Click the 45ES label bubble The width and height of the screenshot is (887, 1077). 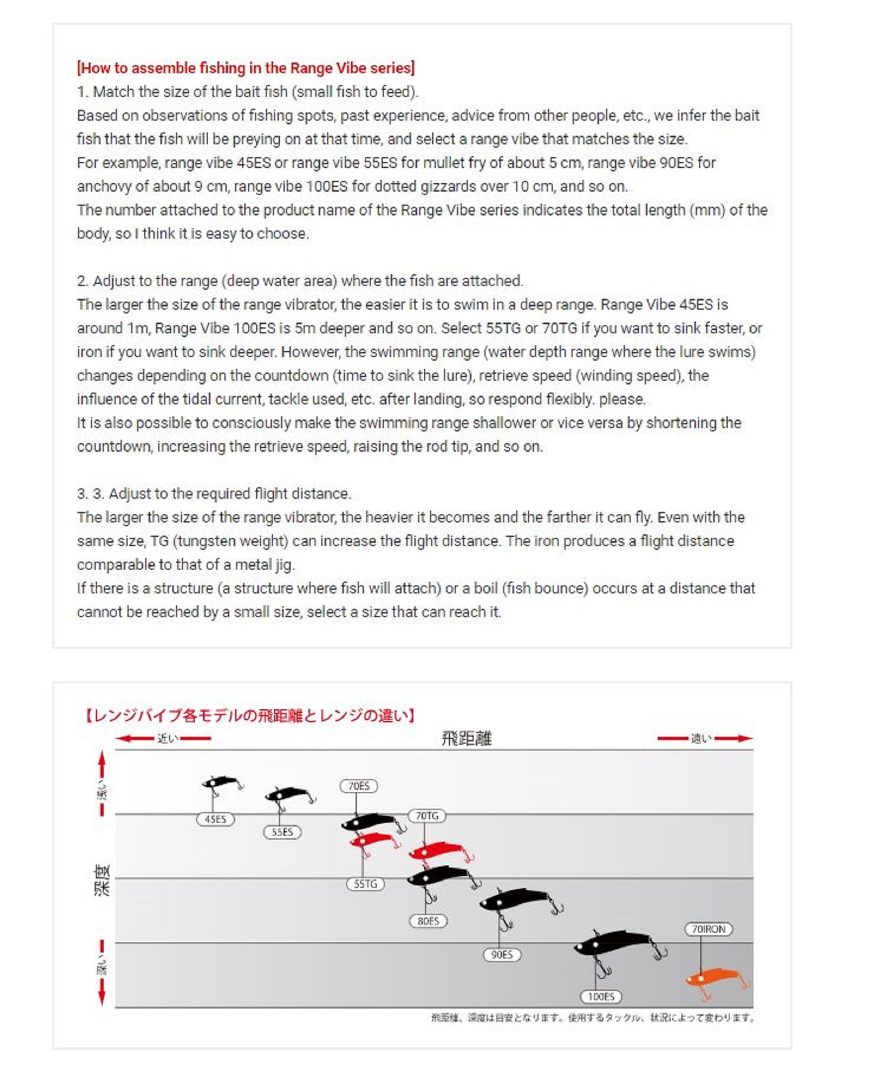point(215,819)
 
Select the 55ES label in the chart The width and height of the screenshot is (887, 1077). point(282,832)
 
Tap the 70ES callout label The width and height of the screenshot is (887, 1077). point(358,786)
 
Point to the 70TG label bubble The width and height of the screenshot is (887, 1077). point(427,816)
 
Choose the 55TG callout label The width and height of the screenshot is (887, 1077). point(365,884)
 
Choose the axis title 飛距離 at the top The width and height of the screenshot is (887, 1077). point(466,738)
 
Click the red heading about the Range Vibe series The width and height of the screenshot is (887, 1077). point(245,68)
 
